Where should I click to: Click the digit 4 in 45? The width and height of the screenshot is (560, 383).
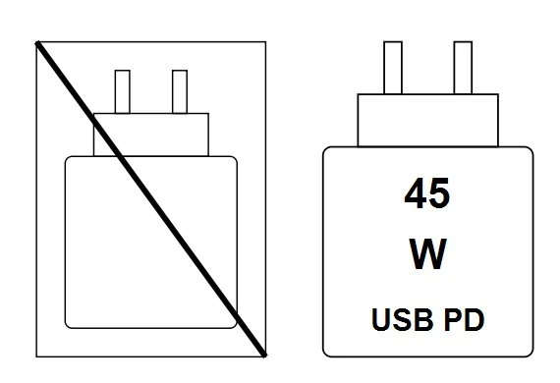pos(414,193)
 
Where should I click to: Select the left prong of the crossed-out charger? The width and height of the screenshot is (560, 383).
pos(124,91)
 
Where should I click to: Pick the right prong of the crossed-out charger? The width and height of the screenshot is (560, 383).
pos(180,91)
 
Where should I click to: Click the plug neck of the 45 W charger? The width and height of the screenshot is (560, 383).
pos(427,120)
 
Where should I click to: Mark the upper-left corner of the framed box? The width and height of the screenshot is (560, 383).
pos(36,42)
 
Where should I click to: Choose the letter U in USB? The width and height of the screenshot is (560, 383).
pos(380,319)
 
